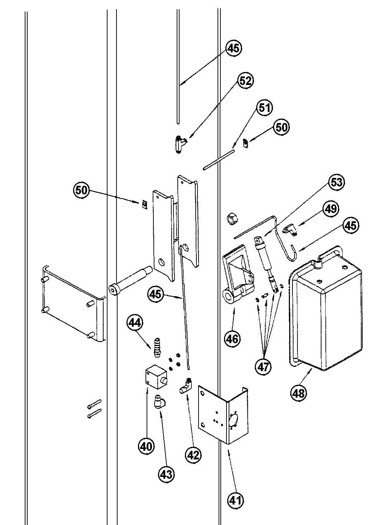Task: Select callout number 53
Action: (336, 182)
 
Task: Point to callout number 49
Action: (330, 208)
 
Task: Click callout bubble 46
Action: (233, 338)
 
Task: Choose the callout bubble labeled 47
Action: (263, 366)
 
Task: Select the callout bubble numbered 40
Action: (146, 446)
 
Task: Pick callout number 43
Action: (166, 474)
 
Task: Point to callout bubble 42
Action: (193, 455)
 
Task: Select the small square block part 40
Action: (155, 378)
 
